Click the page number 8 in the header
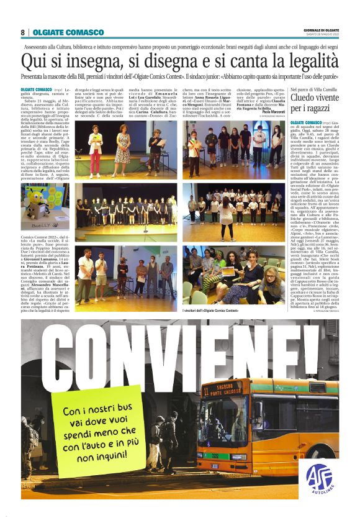click(24, 32)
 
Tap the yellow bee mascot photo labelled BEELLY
click(45, 207)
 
